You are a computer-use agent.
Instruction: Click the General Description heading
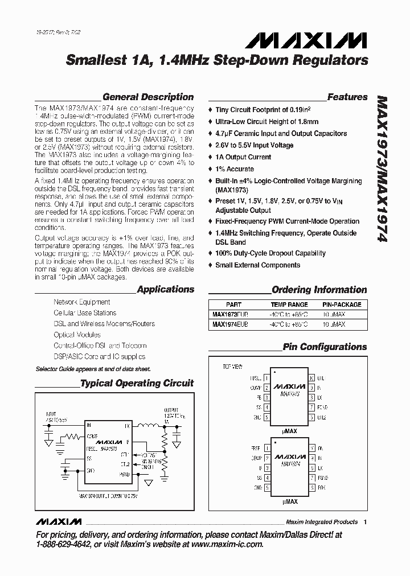[148, 97]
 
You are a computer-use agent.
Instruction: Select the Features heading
[347, 97]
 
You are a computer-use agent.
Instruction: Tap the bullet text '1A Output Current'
[243, 157]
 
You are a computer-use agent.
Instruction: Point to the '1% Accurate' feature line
[235, 169]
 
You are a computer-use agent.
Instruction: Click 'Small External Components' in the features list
[257, 265]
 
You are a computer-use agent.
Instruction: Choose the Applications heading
[166, 290]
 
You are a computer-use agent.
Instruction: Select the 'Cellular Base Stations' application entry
[85, 313]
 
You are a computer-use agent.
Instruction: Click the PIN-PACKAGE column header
[342, 305]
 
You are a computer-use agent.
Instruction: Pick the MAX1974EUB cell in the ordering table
[229, 324]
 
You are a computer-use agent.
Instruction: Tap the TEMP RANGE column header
[289, 305]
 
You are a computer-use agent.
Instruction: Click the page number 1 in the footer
[366, 521]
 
